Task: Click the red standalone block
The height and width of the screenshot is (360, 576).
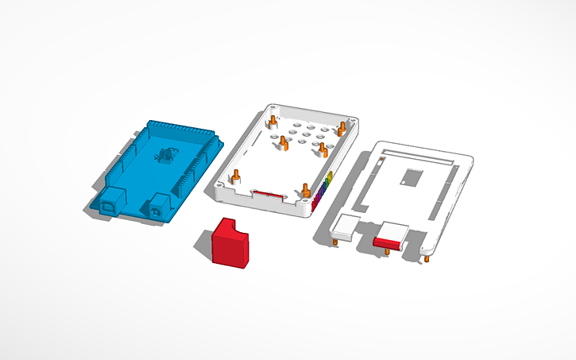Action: (x=230, y=242)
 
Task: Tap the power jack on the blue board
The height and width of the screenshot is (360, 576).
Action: (x=158, y=207)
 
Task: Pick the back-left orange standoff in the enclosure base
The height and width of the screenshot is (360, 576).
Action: (x=273, y=122)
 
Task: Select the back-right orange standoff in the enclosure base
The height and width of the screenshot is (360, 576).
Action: (x=342, y=126)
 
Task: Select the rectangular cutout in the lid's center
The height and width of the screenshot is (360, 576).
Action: (x=411, y=176)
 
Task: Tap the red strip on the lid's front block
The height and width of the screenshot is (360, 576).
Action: (x=390, y=241)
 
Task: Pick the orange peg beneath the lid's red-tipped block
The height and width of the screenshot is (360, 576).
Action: (x=388, y=251)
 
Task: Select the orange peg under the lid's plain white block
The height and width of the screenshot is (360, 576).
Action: (x=338, y=242)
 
